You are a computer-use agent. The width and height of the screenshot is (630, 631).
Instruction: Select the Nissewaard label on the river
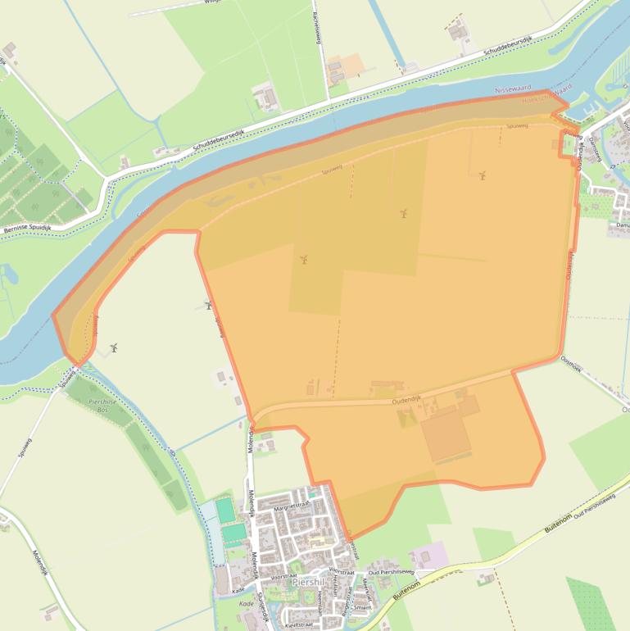coord(513,89)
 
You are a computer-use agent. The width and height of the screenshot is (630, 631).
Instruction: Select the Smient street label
coord(362,607)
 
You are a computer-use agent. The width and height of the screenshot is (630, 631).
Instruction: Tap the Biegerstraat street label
coord(347,602)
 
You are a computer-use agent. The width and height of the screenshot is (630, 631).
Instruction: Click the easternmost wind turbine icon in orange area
coord(483,175)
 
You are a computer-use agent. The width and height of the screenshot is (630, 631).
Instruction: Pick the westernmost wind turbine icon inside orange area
coord(303,259)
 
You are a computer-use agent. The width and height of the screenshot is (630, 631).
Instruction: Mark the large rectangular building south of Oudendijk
coord(446,435)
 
